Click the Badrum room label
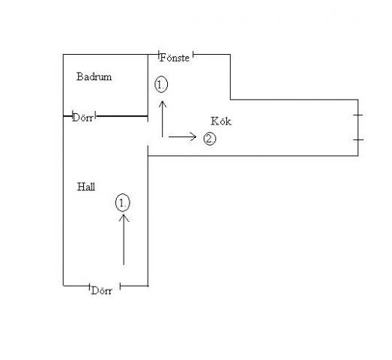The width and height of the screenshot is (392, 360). click(94, 76)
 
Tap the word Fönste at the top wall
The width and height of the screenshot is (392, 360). click(175, 58)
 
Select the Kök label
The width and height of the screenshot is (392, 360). click(221, 121)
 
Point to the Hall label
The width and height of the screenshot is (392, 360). click(86, 187)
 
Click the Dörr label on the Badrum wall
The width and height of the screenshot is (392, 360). click(82, 118)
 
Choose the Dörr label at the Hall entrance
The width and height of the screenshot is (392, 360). click(102, 290)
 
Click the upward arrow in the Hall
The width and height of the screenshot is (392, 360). click(124, 239)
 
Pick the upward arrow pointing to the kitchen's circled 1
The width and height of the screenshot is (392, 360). click(163, 118)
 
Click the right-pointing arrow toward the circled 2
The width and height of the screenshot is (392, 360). click(182, 136)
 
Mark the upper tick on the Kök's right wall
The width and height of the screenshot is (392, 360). click(358, 115)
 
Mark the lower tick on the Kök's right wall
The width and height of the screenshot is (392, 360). click(358, 139)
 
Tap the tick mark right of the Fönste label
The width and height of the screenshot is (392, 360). click(193, 54)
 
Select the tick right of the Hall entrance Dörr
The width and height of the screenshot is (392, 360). click(120, 286)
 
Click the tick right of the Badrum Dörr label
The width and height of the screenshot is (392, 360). click(96, 116)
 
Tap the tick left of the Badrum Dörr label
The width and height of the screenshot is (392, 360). click(73, 115)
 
